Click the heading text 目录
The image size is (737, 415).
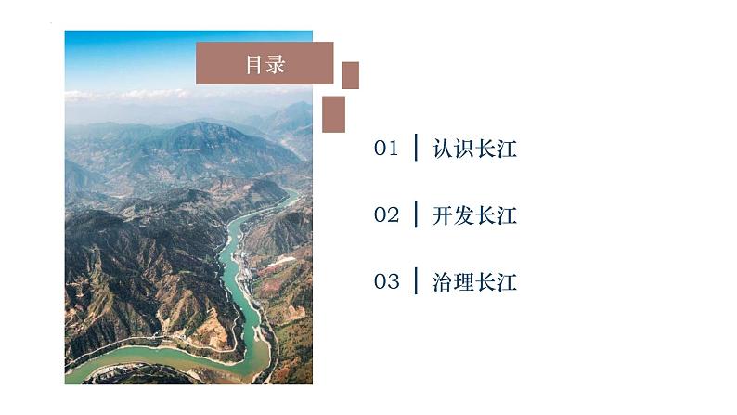tap(265, 64)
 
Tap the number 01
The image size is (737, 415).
tap(386, 149)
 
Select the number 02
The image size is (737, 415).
tap(386, 215)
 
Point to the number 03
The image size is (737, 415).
tap(386, 282)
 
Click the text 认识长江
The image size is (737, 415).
tap(474, 149)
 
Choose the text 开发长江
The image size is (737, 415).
tap(474, 215)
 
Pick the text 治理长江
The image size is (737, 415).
tap(474, 282)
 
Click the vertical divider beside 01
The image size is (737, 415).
tap(416, 148)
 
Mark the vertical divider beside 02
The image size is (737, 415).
tap(416, 214)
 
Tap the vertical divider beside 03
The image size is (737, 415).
tap(416, 281)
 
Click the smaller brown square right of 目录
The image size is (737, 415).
tap(350, 75)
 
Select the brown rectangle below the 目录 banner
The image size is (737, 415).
tap(333, 114)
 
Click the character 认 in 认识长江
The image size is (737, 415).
tap(442, 149)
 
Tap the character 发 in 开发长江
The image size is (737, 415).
tap(464, 215)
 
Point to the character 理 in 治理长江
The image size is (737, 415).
tap(464, 282)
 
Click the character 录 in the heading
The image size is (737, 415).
tap(276, 64)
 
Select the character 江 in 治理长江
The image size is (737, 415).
tap(507, 282)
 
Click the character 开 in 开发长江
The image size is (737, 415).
tap(442, 215)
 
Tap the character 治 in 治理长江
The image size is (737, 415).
tap(442, 282)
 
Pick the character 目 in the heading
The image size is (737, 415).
tap(254, 64)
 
